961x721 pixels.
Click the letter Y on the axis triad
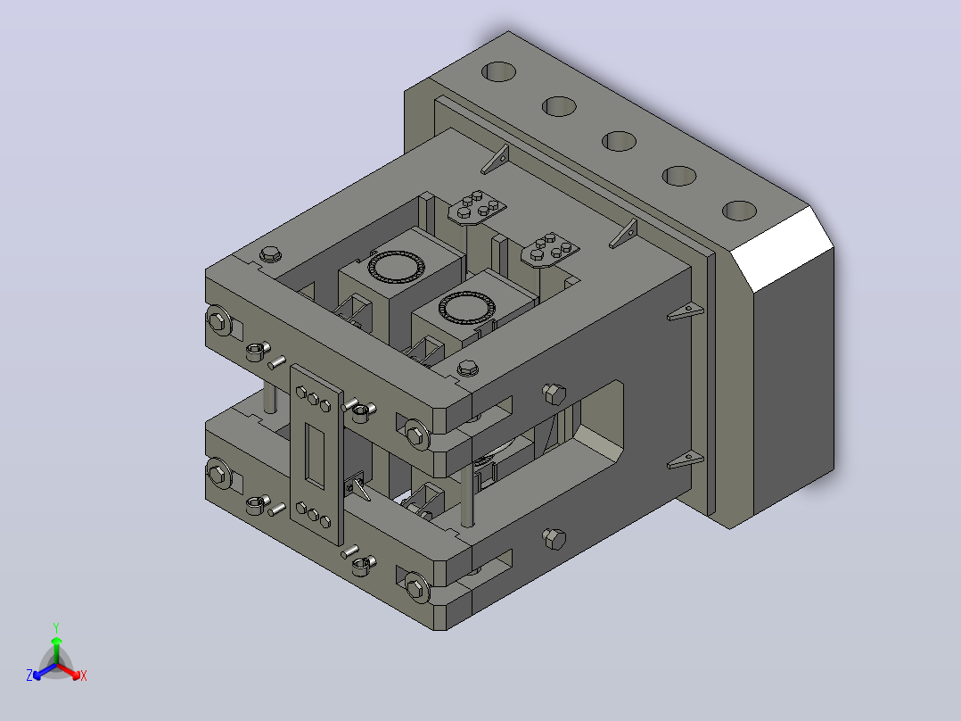coord(56,627)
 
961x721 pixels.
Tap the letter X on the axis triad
coord(84,675)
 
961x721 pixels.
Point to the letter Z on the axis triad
coord(29,675)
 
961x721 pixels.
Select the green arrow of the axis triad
coord(56,651)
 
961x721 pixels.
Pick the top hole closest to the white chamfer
coord(739,211)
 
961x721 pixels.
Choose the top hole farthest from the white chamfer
coord(499,71)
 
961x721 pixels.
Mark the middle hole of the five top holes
coord(619,141)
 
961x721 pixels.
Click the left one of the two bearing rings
coord(395,266)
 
